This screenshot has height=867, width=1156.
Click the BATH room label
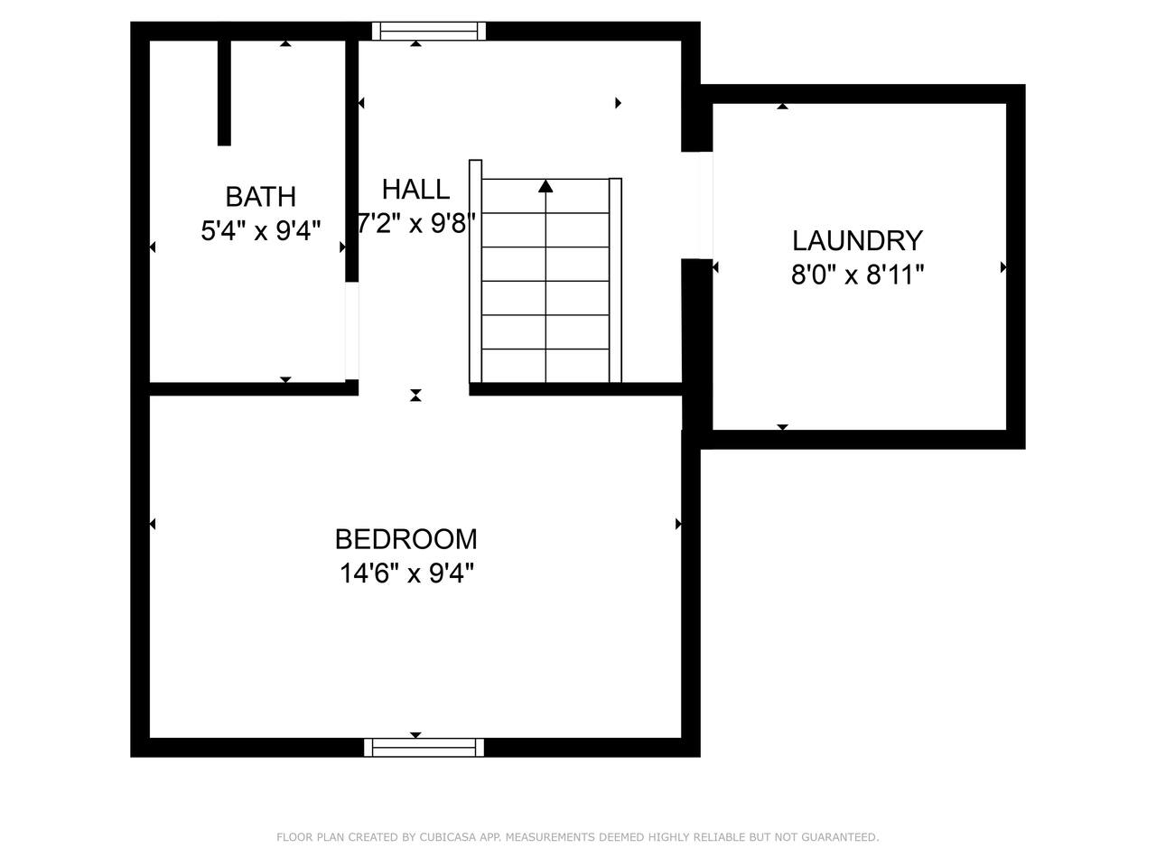[x=261, y=197]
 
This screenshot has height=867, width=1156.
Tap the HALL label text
[x=415, y=190]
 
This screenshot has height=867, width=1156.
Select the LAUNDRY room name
[x=857, y=240]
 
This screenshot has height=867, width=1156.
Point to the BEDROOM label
[x=406, y=539]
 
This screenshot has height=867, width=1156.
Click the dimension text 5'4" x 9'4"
[x=261, y=230]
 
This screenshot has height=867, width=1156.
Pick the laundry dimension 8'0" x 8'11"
[x=857, y=275]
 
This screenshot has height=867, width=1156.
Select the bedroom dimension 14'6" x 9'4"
[x=406, y=573]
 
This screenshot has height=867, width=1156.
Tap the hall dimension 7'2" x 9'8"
[x=416, y=223]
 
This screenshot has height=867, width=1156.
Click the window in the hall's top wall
[x=429, y=31]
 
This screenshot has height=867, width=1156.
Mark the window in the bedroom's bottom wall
[x=424, y=748]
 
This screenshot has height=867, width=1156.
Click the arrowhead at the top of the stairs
[x=545, y=186]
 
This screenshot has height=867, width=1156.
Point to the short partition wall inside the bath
[x=224, y=93]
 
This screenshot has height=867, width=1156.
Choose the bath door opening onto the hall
[x=352, y=331]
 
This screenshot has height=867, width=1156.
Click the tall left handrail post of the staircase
[x=475, y=271]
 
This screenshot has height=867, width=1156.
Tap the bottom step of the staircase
[x=545, y=366]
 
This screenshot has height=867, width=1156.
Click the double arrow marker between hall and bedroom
[x=415, y=396]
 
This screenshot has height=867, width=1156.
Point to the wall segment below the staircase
[x=575, y=389]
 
